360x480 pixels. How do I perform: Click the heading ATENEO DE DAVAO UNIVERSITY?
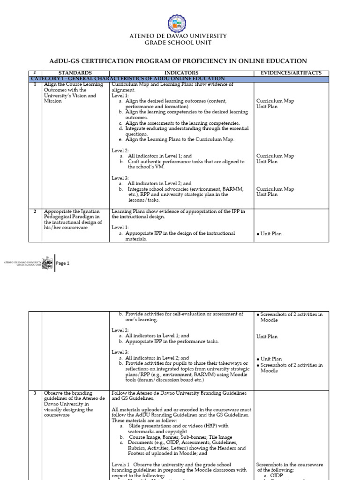point(180,36)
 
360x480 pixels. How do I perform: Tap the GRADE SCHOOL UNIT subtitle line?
point(180,43)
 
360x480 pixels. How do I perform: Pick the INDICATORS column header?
point(180,73)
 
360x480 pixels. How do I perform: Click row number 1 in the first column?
point(35,84)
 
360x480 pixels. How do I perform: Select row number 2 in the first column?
point(35,211)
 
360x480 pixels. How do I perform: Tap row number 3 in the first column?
point(35,392)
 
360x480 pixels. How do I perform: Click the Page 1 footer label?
point(63,263)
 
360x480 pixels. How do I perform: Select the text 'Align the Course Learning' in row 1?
point(70,84)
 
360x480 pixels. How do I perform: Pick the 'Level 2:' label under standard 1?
point(120,150)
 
